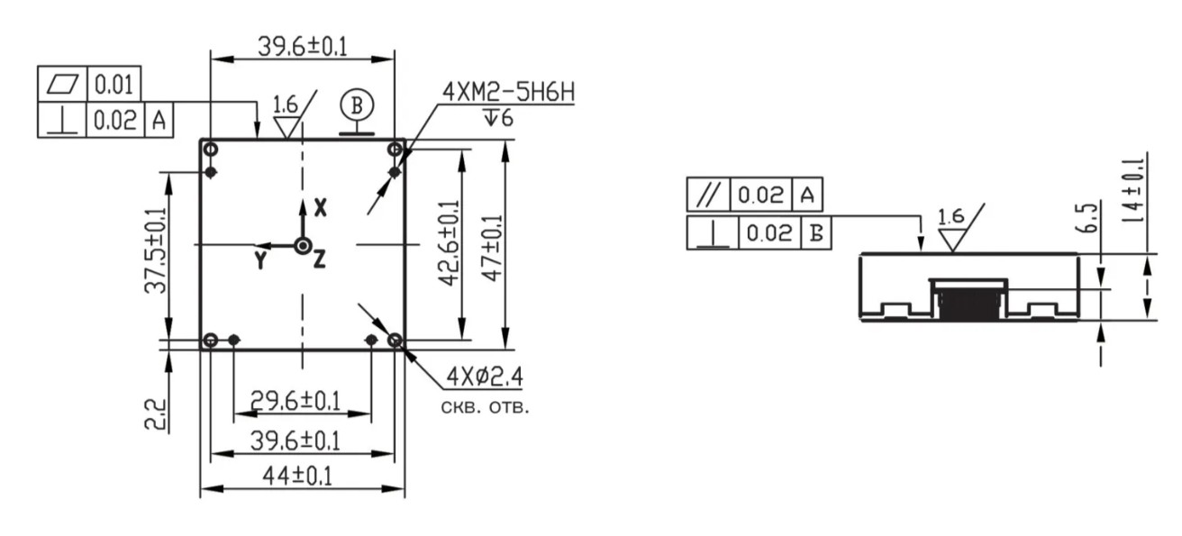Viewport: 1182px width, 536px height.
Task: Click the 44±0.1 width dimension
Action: tap(297, 477)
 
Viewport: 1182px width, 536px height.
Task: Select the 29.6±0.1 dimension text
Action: tap(295, 400)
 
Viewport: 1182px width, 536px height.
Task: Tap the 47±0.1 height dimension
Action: tap(494, 247)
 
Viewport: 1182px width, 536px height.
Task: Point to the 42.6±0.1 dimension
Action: tap(450, 243)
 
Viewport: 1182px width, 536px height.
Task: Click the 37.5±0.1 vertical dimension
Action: tap(156, 250)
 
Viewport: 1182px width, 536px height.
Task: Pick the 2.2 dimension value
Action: tap(156, 414)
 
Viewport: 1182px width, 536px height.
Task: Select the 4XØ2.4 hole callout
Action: tap(485, 377)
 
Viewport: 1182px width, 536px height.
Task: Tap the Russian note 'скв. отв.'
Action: tap(485, 407)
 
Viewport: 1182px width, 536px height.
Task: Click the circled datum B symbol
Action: tap(357, 105)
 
